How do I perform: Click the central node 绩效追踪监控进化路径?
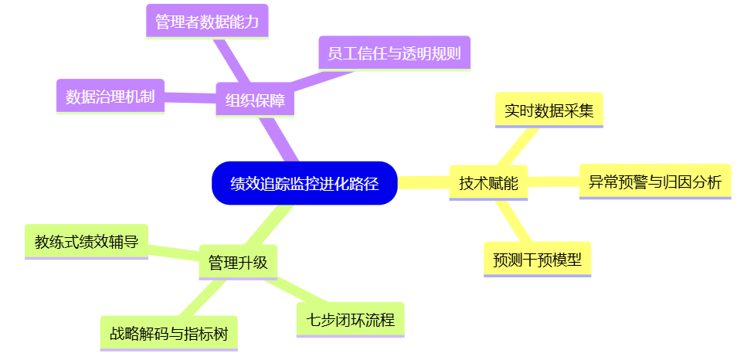(x=304, y=183)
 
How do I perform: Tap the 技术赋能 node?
(x=488, y=183)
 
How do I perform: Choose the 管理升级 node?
(x=238, y=262)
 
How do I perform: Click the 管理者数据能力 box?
(x=206, y=22)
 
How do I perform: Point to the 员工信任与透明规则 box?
(x=394, y=53)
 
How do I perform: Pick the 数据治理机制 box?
(x=110, y=97)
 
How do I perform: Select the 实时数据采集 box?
(x=549, y=110)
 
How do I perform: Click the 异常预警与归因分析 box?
(x=654, y=182)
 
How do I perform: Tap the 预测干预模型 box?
(x=537, y=259)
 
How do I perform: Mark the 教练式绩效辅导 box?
(x=87, y=242)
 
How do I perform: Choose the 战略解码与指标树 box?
(x=168, y=334)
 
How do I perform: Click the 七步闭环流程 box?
(x=350, y=319)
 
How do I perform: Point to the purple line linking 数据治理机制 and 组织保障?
(x=190, y=97)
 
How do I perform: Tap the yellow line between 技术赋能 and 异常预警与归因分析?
(x=553, y=183)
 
